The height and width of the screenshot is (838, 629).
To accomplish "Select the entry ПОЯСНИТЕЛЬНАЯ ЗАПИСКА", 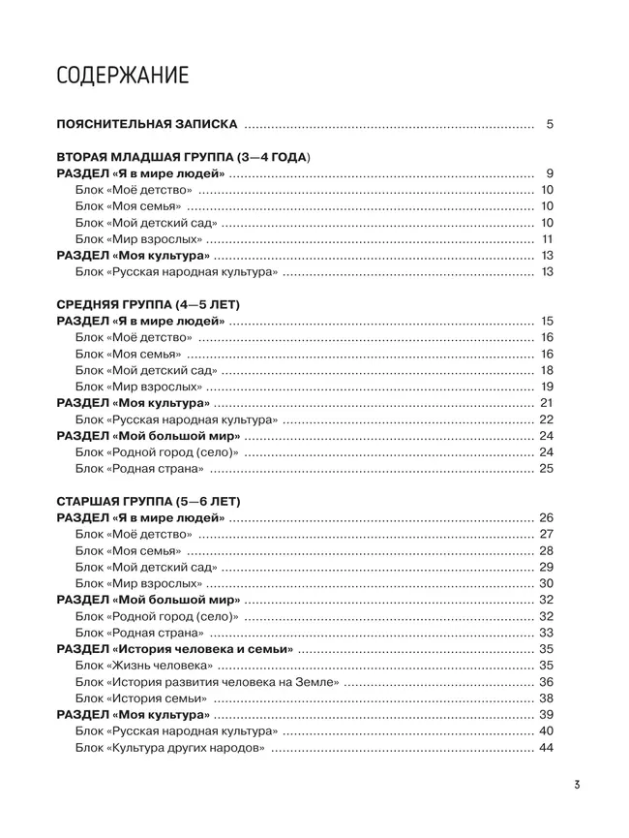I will pyautogui.click(x=146, y=125).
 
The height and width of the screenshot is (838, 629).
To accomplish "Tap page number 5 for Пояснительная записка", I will pyautogui.click(x=549, y=125).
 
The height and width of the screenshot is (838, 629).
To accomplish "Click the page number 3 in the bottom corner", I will pyautogui.click(x=574, y=786).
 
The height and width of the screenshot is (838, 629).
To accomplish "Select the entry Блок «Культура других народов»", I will pyautogui.click(x=170, y=748).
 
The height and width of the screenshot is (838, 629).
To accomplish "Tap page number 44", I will pyautogui.click(x=545, y=748).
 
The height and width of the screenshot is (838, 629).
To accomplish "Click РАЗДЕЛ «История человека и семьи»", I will pyautogui.click(x=175, y=649).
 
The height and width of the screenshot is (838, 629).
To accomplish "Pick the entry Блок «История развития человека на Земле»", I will pyautogui.click(x=206, y=682).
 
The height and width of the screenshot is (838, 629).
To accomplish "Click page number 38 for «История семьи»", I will pyautogui.click(x=545, y=698).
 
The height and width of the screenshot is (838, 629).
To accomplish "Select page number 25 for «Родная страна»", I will pyautogui.click(x=545, y=469).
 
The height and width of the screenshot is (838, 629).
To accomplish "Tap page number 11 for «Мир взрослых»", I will pyautogui.click(x=546, y=239).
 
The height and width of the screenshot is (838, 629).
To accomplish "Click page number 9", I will pyautogui.click(x=549, y=173).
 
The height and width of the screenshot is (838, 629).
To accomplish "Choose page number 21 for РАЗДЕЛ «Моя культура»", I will pyautogui.click(x=545, y=403).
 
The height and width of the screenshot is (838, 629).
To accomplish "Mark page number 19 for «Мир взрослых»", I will pyautogui.click(x=546, y=387).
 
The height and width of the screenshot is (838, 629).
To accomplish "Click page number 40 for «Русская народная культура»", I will pyautogui.click(x=545, y=731).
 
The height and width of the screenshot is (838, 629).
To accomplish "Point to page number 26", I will pyautogui.click(x=545, y=517).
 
